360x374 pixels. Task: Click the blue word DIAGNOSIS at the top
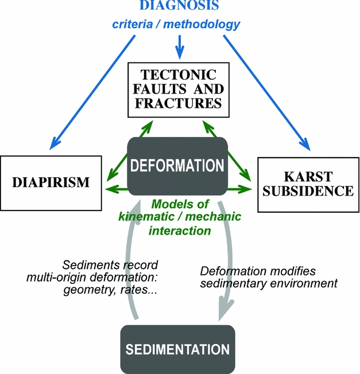[180, 7]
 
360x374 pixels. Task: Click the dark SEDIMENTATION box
[177, 349]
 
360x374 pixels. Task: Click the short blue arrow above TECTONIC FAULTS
[180, 46]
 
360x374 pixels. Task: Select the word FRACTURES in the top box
[179, 103]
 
